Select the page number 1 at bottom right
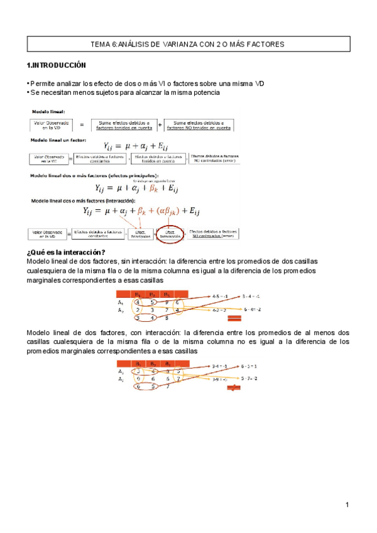346,505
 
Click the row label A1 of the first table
121,302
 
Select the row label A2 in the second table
121,379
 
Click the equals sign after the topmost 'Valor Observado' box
82,125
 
